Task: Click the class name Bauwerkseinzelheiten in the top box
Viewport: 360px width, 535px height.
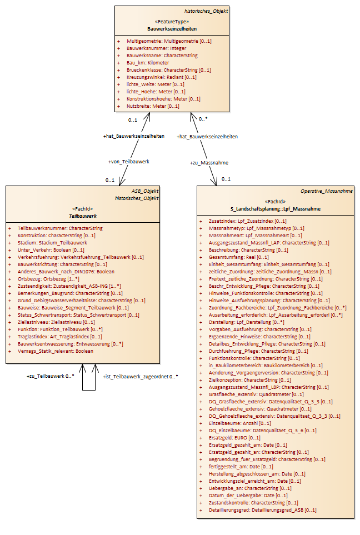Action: [x=172, y=29]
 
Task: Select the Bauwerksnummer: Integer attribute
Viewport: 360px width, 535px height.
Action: [x=156, y=48]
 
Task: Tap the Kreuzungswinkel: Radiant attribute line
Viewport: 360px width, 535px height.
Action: [x=162, y=77]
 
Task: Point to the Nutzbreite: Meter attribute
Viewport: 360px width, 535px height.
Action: [x=153, y=106]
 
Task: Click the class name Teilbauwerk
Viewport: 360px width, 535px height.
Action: [x=83, y=216]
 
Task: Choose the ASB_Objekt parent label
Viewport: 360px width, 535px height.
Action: [x=144, y=191]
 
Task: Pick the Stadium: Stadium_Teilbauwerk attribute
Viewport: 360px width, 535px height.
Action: [x=52, y=243]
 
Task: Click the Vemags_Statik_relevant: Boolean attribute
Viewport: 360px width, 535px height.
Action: [x=56, y=351]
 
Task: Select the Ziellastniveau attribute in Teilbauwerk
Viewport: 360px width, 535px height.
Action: [x=56, y=322]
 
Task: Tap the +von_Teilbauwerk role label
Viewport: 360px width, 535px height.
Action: [x=129, y=162]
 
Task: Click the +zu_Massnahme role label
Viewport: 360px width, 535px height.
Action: [x=209, y=163]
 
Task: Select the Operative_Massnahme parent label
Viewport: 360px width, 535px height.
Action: [x=327, y=191]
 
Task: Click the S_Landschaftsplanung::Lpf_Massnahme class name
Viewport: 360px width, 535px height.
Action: [x=276, y=209]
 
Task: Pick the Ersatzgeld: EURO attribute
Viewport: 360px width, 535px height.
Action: [x=234, y=438]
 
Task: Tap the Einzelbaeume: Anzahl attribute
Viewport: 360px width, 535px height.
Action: [x=240, y=423]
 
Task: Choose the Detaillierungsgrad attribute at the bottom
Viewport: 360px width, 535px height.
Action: [x=262, y=510]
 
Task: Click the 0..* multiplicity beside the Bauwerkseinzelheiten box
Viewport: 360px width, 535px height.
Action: [x=203, y=119]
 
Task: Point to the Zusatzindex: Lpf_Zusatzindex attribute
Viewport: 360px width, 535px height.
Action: [x=247, y=221]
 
